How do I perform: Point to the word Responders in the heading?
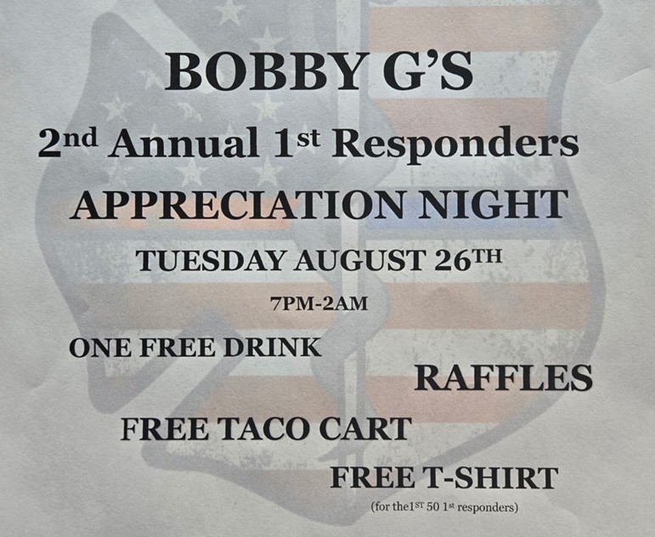tap(455, 145)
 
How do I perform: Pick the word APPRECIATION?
tap(237, 205)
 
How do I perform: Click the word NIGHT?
tap(494, 205)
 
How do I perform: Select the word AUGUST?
tap(359, 261)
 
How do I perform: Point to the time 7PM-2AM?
tap(319, 304)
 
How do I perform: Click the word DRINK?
tap(273, 348)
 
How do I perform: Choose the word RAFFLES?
tap(504, 377)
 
